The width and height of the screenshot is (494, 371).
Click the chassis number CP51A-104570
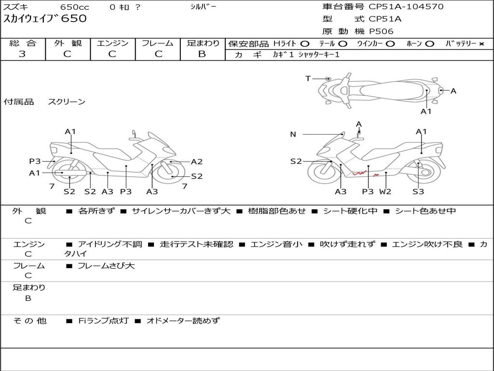(406, 7)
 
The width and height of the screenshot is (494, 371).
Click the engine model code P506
(381, 31)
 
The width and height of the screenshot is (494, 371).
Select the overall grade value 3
(22, 54)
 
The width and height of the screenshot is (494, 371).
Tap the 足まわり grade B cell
(202, 54)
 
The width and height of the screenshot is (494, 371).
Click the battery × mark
(481, 44)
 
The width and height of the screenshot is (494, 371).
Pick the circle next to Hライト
(305, 44)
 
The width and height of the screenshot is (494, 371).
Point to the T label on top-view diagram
(308, 78)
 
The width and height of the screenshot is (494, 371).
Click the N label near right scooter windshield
(293, 134)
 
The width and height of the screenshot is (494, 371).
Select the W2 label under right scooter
(385, 191)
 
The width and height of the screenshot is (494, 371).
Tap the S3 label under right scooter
(418, 191)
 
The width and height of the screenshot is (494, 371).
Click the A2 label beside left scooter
(197, 162)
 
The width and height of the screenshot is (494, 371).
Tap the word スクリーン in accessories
(67, 102)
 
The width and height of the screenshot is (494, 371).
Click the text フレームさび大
(106, 266)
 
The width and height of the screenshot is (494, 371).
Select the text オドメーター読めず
(183, 320)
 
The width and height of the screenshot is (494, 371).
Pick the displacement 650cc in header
(76, 7)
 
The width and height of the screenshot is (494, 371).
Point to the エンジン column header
(112, 43)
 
